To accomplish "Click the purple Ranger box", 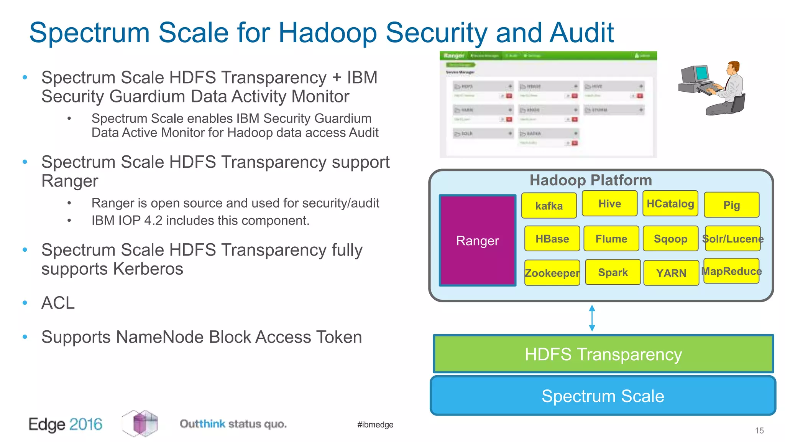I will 478,241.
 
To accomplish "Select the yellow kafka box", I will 549,206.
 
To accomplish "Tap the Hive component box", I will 609,203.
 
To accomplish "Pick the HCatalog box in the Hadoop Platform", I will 670,203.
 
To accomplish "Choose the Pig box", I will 731,205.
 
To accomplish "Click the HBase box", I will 552,239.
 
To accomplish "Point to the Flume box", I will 611,239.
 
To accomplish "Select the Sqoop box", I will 670,239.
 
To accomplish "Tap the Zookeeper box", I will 552,273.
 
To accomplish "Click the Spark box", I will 613,272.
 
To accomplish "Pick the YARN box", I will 671,273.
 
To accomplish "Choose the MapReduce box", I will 731,271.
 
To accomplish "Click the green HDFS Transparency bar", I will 603,354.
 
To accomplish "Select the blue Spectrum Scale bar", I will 603,396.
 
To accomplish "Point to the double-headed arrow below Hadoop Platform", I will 592,318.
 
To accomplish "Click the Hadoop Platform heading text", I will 591,180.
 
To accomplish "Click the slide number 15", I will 759,430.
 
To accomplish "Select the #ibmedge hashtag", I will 375,424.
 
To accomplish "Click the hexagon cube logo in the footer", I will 140,423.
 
